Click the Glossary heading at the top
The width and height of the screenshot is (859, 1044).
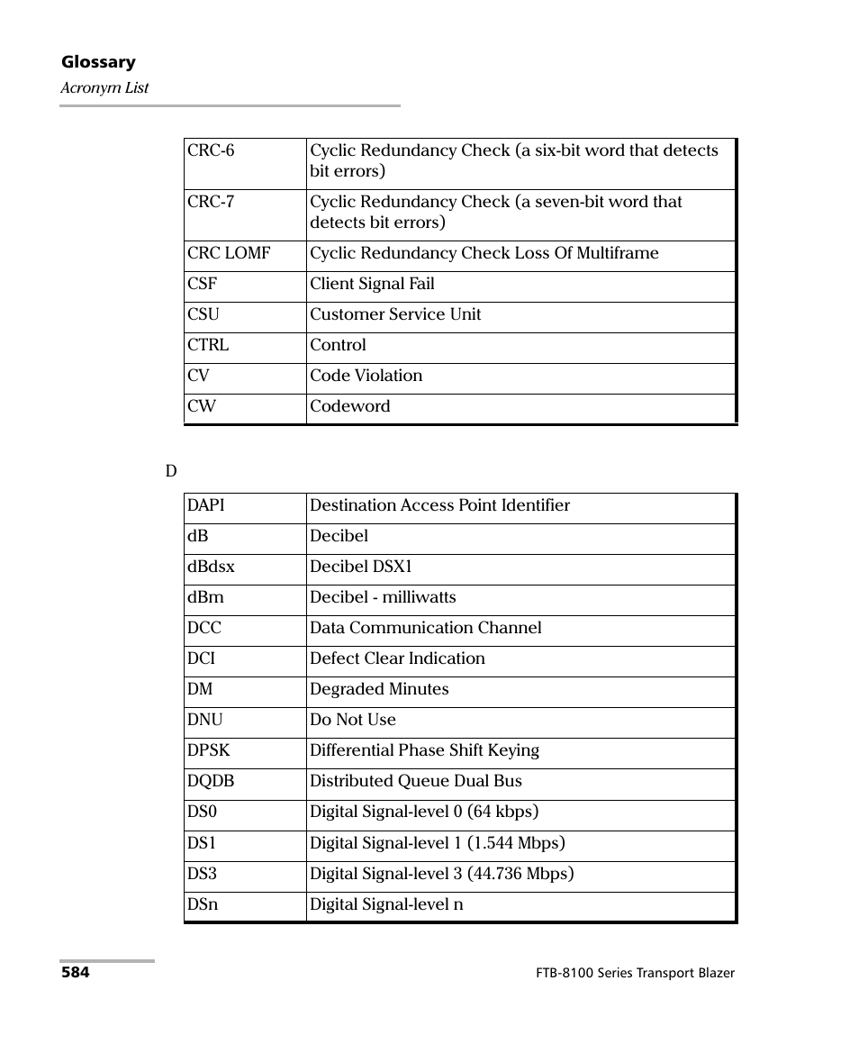pyautogui.click(x=98, y=62)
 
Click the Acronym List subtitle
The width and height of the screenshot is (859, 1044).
pyautogui.click(x=104, y=88)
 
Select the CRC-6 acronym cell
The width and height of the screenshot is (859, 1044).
pyautogui.click(x=211, y=150)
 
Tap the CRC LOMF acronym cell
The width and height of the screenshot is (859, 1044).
pyautogui.click(x=229, y=253)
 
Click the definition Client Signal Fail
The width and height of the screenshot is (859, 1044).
pyautogui.click(x=372, y=284)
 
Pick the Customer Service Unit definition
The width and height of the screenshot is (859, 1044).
pyautogui.click(x=395, y=314)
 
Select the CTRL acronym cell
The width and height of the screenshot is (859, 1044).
pyautogui.click(x=208, y=345)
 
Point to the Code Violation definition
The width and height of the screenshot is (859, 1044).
pyautogui.click(x=366, y=376)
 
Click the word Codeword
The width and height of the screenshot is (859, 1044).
pyautogui.click(x=350, y=406)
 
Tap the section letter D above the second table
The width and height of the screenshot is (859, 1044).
pyautogui.click(x=170, y=472)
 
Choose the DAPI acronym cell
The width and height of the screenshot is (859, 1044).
pyautogui.click(x=206, y=505)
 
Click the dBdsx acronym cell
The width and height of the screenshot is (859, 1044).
pyautogui.click(x=211, y=567)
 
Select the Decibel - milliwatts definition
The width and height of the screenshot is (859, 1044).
pyautogui.click(x=383, y=597)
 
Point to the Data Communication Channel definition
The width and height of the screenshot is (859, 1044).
pyautogui.click(x=425, y=628)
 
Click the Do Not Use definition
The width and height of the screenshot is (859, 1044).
pyautogui.click(x=352, y=720)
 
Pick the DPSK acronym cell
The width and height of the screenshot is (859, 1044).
pyautogui.click(x=209, y=750)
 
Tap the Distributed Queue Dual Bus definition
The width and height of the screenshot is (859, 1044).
pyautogui.click(x=415, y=781)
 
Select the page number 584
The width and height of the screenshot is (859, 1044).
pyautogui.click(x=75, y=973)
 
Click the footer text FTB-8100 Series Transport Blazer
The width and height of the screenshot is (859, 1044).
pyautogui.click(x=633, y=974)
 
